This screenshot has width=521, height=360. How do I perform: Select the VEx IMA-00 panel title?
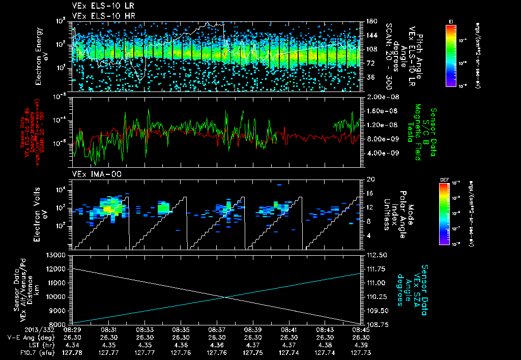[x=93, y=174]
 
